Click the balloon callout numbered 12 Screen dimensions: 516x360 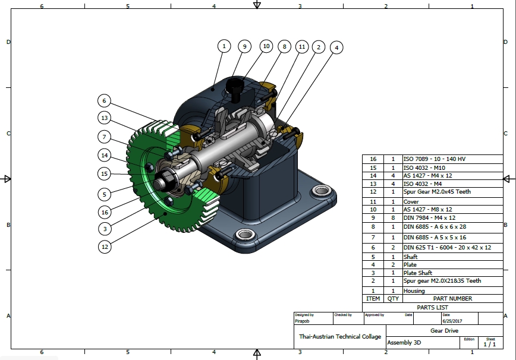pos(105,247)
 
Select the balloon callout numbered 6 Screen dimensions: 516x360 pos(104,100)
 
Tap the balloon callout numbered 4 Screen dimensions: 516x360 pos(336,48)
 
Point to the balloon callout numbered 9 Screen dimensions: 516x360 pos(244,46)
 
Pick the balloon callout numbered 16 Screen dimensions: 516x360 pos(105,212)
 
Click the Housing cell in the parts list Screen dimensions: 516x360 pos(414,290)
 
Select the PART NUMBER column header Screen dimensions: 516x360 pos(452,299)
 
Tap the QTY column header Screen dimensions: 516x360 pos(393,299)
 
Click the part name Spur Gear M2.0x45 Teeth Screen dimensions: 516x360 pos(437,192)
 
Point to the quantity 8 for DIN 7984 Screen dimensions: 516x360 pos(393,217)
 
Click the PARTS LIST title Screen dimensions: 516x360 pos(432,307)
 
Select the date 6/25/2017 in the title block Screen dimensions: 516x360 pos(452,321)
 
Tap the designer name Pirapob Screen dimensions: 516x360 pos(302,321)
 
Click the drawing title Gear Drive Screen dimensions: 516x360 pos(444,331)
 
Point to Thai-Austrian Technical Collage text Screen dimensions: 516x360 pos(340,337)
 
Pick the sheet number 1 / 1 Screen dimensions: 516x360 pos(490,344)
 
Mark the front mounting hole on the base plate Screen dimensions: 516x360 pos(245,235)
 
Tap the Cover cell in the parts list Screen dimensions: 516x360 pos(411,201)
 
